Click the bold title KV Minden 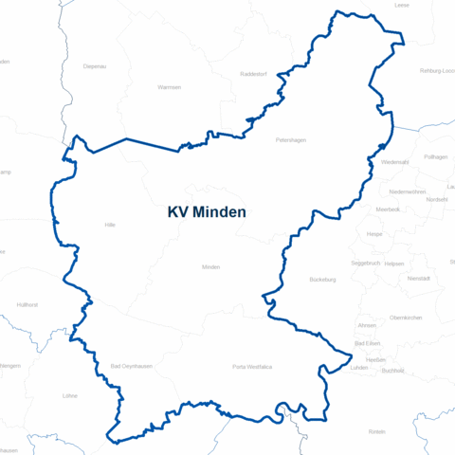(206, 212)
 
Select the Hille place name (110, 225)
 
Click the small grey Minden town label (210, 267)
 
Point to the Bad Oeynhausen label (129, 366)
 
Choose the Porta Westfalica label (251, 366)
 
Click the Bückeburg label (323, 280)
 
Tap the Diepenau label (94, 66)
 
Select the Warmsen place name (169, 86)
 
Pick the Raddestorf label (255, 73)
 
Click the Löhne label (68, 395)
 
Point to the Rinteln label (376, 431)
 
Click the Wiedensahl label (394, 162)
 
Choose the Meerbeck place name (388, 209)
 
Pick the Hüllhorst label (27, 304)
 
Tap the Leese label (402, 5)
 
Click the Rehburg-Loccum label (437, 71)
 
